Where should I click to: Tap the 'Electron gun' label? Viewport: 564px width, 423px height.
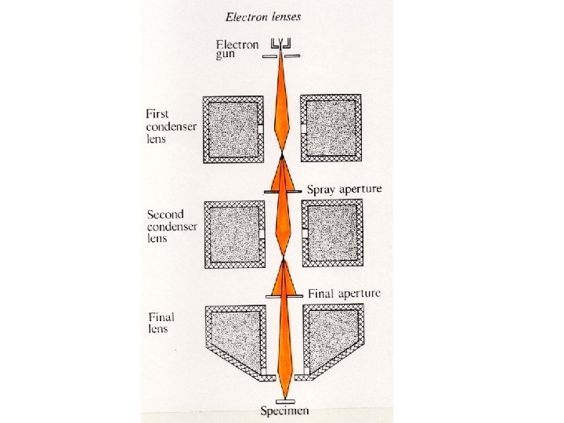coord(237,49)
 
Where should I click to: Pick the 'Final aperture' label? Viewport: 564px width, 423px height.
coord(345,294)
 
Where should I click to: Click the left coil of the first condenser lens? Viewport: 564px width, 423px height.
coord(233,128)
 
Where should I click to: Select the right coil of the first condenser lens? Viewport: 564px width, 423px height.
coord(332,128)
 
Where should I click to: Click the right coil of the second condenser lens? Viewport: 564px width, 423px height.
coord(332,233)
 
